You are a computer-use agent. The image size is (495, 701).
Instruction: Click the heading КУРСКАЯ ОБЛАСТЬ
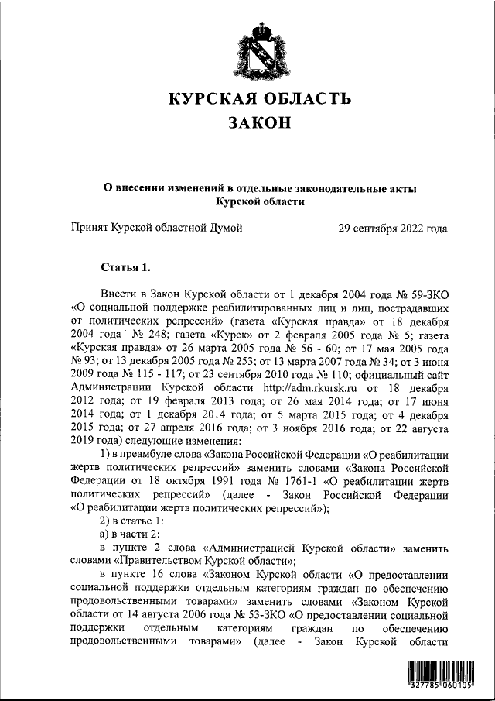pyautogui.click(x=260, y=99)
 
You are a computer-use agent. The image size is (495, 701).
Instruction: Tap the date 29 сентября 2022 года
pyautogui.click(x=393, y=229)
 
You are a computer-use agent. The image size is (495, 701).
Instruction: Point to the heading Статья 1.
pyautogui.click(x=125, y=269)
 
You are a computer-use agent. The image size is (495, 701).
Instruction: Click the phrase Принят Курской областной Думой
pyautogui.click(x=157, y=229)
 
